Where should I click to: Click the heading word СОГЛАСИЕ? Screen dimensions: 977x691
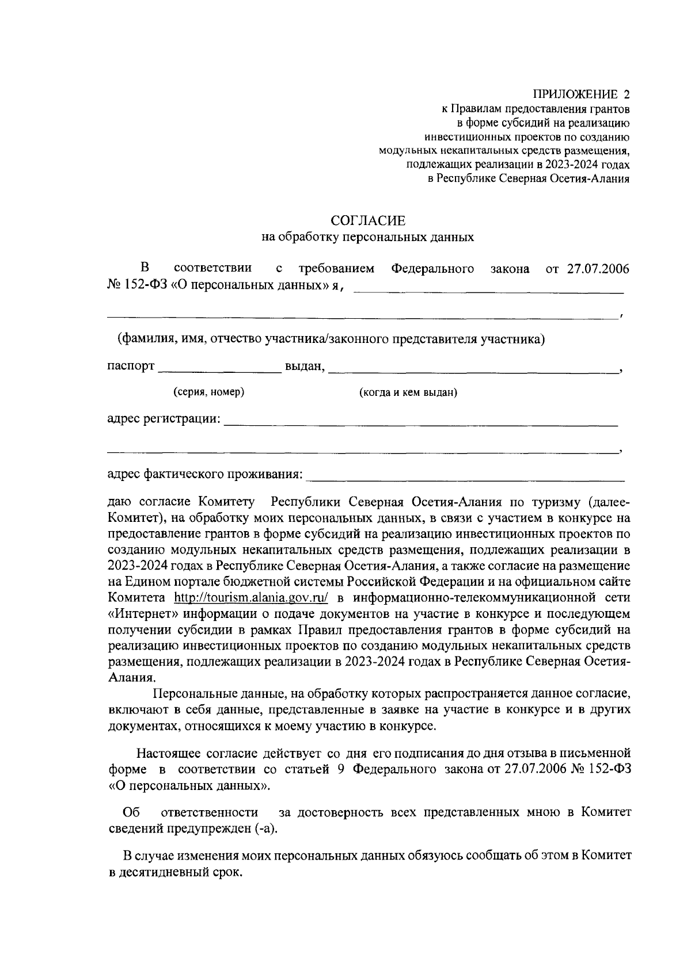(x=367, y=221)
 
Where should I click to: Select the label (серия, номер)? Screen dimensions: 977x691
(x=209, y=392)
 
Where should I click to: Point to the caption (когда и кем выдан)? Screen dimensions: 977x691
(x=408, y=393)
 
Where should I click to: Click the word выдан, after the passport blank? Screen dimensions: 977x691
(x=305, y=367)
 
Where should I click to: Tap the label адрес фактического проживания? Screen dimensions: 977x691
(x=205, y=475)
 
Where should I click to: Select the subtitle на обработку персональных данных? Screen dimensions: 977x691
(x=367, y=237)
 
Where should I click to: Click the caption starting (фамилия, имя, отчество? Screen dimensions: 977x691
(x=331, y=339)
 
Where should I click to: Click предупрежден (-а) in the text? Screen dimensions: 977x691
(x=221, y=829)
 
